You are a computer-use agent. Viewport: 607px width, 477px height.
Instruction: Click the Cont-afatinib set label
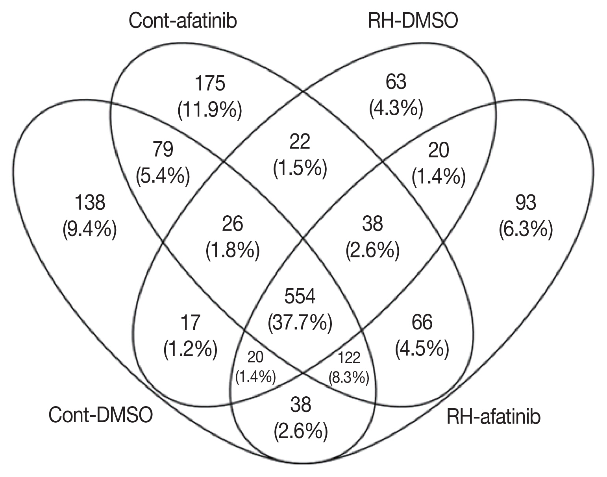pos(183,21)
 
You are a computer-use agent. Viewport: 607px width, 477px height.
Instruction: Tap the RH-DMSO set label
pos(413,21)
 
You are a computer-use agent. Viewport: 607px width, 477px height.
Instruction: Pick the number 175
pos(210,84)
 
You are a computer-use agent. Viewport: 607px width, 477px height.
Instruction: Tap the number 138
pos(90,203)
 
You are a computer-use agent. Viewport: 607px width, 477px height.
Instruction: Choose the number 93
pos(526,203)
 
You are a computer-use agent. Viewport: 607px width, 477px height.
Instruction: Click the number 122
pos(349,358)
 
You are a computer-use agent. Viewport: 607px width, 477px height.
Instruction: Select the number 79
pos(163,150)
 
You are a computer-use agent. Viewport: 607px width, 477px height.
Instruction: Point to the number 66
pos(422,323)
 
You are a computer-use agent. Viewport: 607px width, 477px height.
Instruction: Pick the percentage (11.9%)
pos(210,110)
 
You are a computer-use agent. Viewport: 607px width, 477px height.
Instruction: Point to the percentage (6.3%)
pos(526,229)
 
